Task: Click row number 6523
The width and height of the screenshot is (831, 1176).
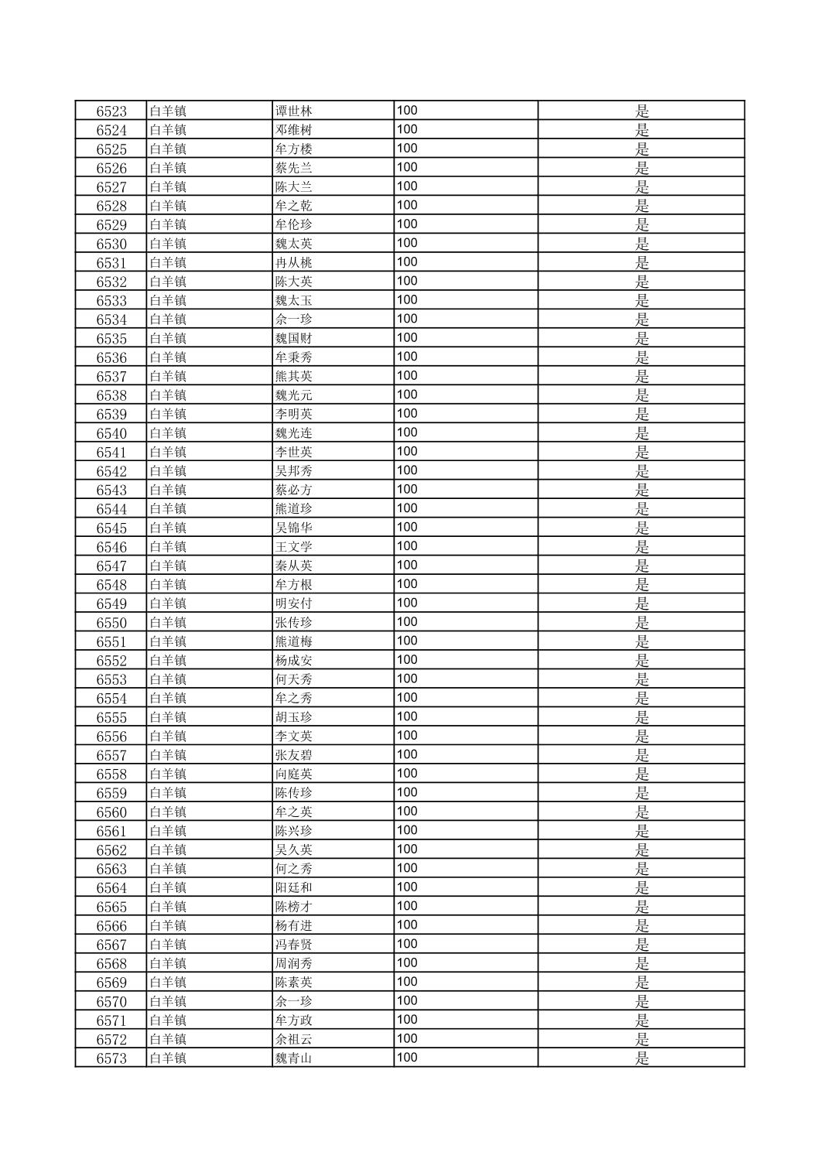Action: (x=111, y=111)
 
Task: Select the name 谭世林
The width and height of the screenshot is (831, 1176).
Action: (x=294, y=111)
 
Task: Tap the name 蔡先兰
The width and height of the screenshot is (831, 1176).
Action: (x=294, y=168)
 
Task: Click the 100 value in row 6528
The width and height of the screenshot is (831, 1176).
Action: (x=407, y=205)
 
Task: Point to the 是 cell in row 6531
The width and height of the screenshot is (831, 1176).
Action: (x=641, y=263)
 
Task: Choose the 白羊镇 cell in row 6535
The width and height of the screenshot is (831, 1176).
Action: (x=168, y=338)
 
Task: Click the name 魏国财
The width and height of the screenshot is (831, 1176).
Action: (x=294, y=338)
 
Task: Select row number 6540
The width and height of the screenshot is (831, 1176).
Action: (x=111, y=433)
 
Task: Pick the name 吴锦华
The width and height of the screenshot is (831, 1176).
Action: (x=294, y=528)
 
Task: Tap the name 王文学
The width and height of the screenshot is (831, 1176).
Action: (x=294, y=547)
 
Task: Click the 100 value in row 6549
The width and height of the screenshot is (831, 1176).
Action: (x=407, y=603)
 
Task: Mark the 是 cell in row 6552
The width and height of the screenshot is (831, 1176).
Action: (x=641, y=661)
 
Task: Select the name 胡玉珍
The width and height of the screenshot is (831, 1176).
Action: (x=294, y=717)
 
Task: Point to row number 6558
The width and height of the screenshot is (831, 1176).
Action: (x=111, y=774)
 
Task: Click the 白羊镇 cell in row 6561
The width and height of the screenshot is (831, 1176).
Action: (x=168, y=831)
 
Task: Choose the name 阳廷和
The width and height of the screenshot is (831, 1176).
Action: (x=294, y=887)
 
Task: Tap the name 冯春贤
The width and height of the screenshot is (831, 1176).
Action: (x=294, y=945)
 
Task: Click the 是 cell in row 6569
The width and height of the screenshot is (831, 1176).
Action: (x=641, y=983)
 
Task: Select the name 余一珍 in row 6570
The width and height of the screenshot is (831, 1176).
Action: (x=294, y=1001)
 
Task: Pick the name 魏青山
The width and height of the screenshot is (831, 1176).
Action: (x=294, y=1058)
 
